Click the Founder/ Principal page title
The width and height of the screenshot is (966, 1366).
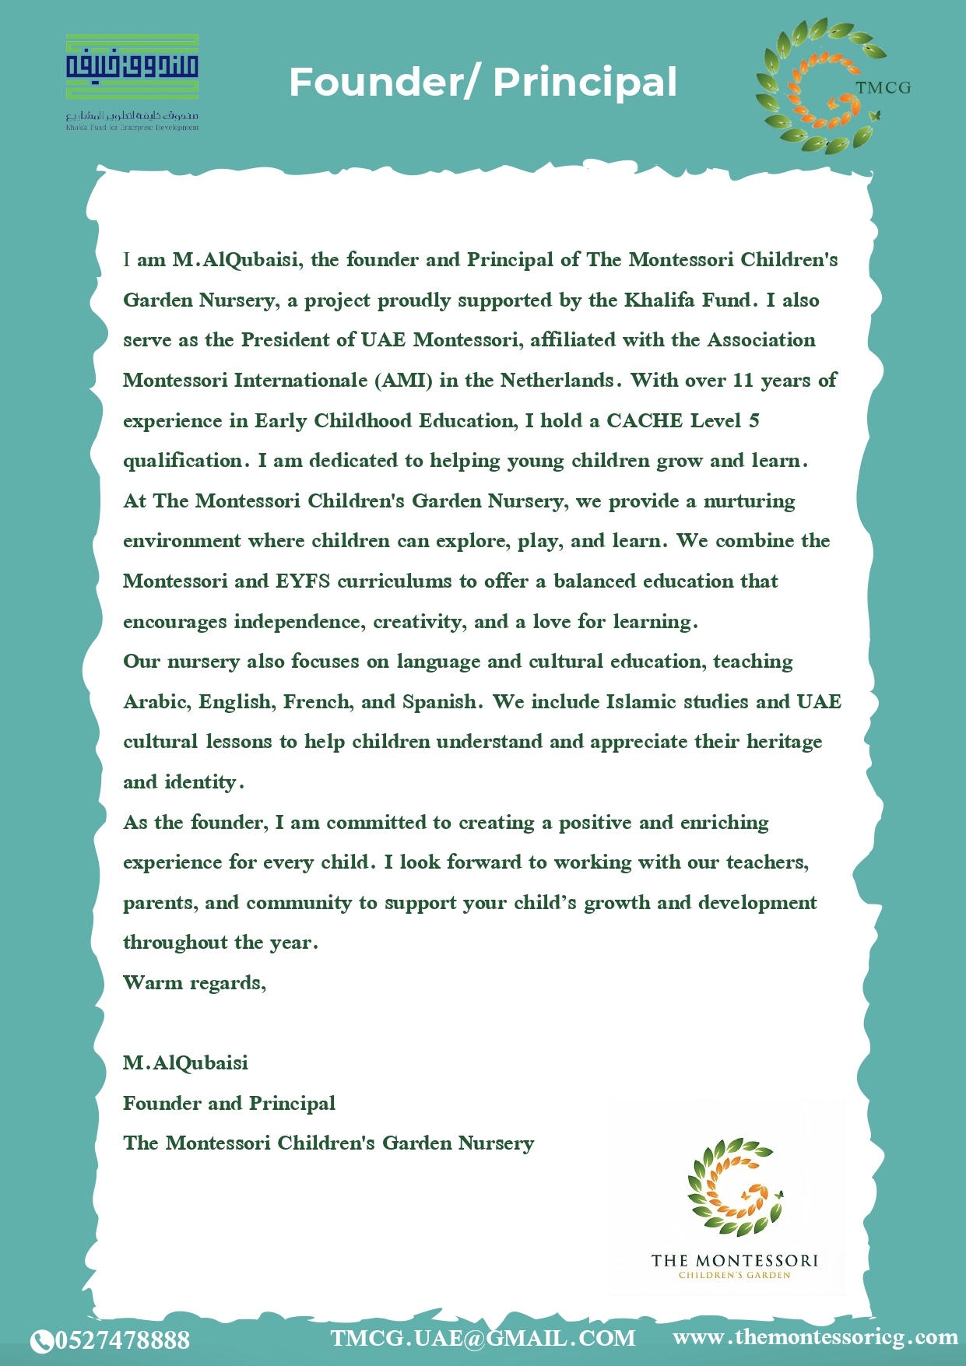coord(483,83)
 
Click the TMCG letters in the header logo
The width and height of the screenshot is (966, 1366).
coord(883,88)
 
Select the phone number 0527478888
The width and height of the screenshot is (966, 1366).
coord(123,1340)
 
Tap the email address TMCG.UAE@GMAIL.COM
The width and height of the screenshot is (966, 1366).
coord(483,1338)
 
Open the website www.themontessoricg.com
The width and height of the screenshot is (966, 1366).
coord(815,1337)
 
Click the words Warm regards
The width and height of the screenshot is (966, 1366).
coord(195,983)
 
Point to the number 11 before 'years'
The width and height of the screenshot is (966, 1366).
coord(743,381)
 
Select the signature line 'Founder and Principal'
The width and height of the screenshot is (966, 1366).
coord(229,1103)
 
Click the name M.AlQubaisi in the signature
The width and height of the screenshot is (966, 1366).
coord(185,1063)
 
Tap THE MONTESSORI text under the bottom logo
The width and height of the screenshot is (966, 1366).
coord(734,1260)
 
